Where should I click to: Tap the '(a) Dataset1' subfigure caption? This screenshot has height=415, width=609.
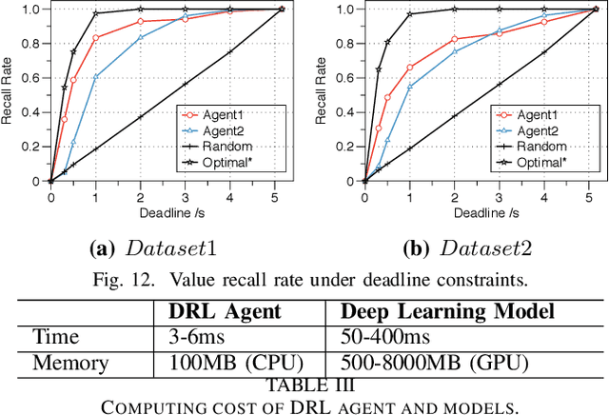(x=153, y=250)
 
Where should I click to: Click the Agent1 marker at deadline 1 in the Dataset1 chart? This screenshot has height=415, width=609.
(x=96, y=38)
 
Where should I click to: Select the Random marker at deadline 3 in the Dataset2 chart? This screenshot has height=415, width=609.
(x=499, y=84)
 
